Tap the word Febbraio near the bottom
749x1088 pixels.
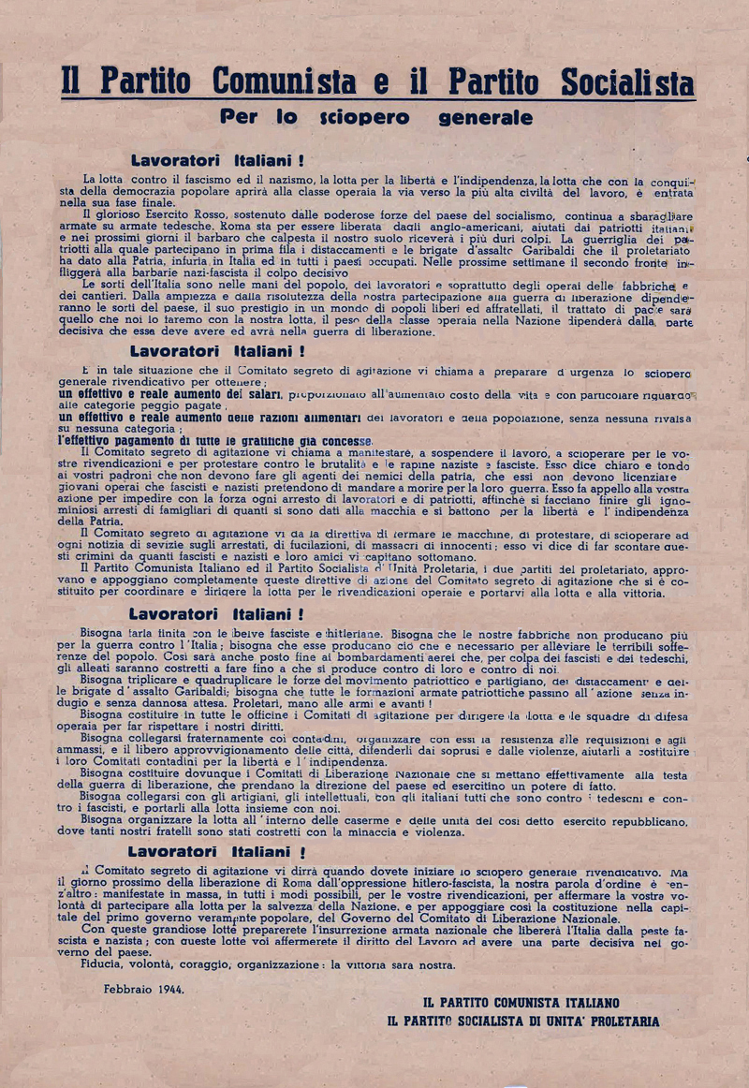tap(126, 988)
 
